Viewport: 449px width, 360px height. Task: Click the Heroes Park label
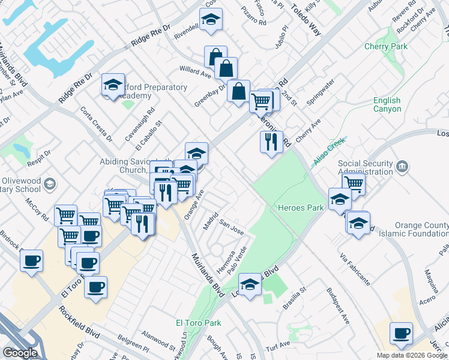click(301, 208)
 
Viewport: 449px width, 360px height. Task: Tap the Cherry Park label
click(385, 46)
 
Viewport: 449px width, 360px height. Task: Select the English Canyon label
click(387, 105)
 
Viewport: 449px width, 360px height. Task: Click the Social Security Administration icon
click(402, 166)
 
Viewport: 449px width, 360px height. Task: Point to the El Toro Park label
click(198, 323)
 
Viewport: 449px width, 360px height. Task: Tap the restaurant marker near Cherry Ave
click(271, 142)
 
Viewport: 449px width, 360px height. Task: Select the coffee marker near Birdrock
click(31, 261)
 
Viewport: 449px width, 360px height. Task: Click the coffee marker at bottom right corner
click(400, 333)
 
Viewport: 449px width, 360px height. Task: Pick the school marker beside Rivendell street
click(211, 20)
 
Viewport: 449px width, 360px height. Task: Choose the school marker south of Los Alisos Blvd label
click(250, 284)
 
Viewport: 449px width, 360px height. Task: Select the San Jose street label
click(231, 229)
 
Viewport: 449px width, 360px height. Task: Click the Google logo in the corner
click(20, 353)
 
